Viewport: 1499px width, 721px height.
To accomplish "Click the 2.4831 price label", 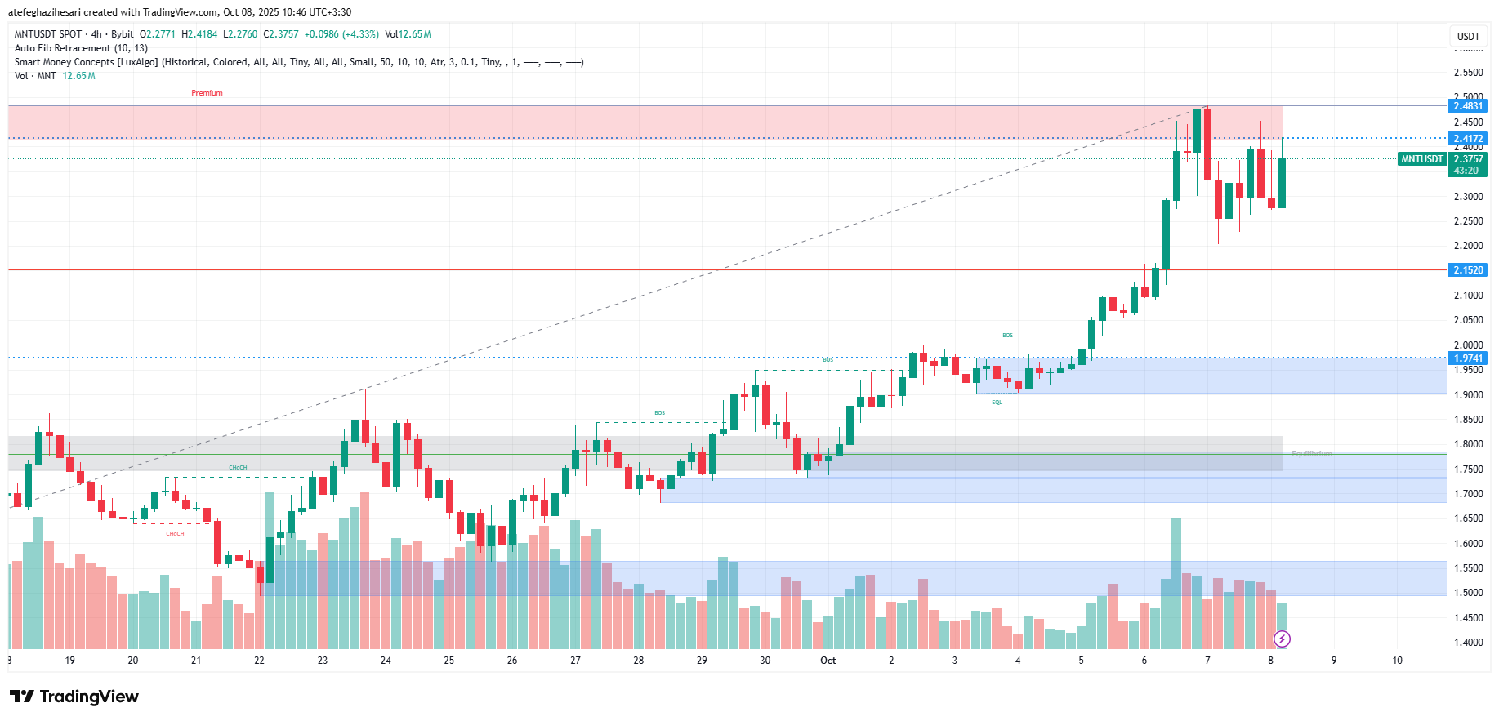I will click(1467, 106).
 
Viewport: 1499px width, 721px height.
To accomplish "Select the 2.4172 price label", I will click(1467, 139).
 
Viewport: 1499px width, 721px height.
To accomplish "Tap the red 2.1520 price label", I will click(1467, 270).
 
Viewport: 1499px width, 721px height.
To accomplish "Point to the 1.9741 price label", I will click(1467, 358).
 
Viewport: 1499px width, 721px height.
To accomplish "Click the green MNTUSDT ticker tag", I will click(1422, 159).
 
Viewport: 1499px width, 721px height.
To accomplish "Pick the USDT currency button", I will click(1468, 36).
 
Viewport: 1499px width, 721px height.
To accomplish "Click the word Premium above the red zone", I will click(207, 93).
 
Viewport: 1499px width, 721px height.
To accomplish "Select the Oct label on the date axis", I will click(828, 661).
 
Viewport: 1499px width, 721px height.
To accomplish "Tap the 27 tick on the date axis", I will click(575, 661).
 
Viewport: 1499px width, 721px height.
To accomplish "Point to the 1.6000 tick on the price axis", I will click(1468, 544).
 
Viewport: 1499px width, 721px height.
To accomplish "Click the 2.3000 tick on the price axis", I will click(1468, 197).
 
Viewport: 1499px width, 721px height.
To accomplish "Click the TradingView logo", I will click(74, 697).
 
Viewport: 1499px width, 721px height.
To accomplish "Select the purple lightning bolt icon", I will click(1282, 639).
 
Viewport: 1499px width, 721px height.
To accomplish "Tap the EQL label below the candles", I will click(997, 403).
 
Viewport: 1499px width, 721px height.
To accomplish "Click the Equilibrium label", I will click(1311, 454).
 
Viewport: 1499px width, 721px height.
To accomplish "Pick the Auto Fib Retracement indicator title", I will click(81, 48).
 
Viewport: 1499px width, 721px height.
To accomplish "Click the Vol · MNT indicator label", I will click(35, 76).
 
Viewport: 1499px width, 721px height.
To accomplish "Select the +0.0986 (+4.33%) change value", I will click(341, 34).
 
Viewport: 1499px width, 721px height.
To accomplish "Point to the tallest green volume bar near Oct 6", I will click(1176, 583).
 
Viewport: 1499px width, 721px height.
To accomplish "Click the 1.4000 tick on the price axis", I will click(1468, 643).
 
